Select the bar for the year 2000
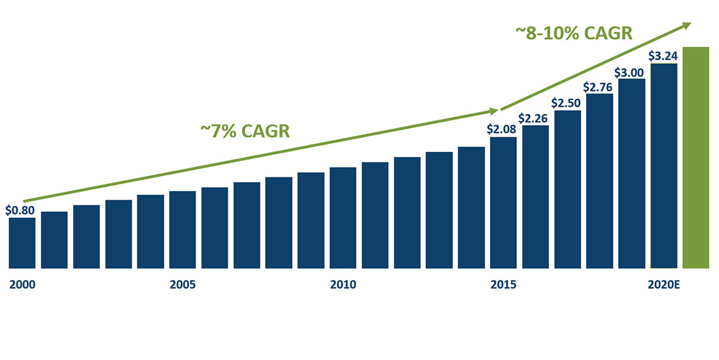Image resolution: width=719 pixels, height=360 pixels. (22, 243)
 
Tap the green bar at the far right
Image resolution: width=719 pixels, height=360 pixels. (695, 157)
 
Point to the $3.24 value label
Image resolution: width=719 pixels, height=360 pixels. (663, 56)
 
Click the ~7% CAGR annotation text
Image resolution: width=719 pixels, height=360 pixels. (245, 131)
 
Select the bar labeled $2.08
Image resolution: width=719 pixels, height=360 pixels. (503, 203)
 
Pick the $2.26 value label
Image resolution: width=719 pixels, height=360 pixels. (535, 118)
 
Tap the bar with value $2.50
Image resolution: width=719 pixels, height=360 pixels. (567, 190)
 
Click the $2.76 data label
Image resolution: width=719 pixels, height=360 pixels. (599, 86)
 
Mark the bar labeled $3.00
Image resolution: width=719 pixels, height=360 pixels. (631, 173)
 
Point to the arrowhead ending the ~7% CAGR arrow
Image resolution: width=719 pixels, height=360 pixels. (495, 111)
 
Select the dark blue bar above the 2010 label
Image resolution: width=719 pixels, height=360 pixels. (343, 218)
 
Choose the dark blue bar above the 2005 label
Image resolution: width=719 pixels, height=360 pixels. (183, 230)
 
